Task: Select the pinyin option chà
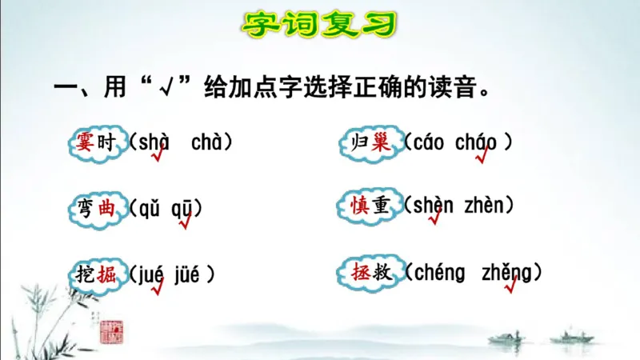[207, 143]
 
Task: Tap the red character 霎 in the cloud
[84, 143]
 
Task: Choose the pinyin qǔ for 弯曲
[150, 209]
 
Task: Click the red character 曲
[107, 209]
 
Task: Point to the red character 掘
[107, 274]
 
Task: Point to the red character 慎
[357, 206]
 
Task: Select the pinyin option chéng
[439, 272]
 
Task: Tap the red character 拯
[357, 272]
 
